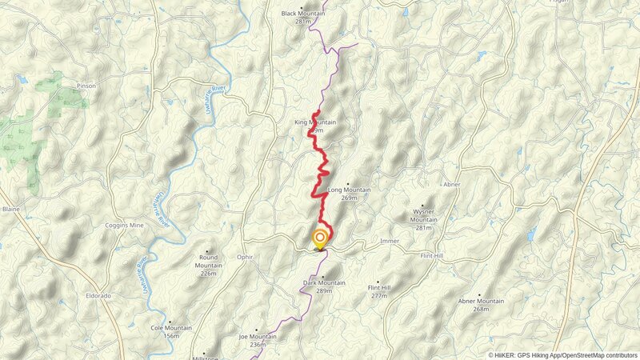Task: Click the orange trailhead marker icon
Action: pos(320,238)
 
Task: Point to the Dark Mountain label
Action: pos(324,282)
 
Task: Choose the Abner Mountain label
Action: pos(481,301)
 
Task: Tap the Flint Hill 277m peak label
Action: pos(378,287)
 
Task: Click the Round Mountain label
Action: pos(208,258)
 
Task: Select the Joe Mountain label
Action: pos(258,337)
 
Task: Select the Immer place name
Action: pos(390,240)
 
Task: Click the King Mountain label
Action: pos(314,122)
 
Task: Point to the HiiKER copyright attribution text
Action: pos(563,354)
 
